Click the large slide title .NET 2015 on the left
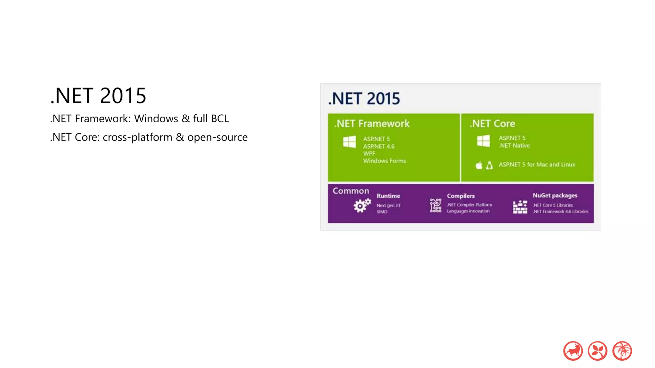click(98, 96)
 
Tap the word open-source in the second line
click(217, 137)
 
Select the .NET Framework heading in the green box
click(372, 124)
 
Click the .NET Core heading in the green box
click(492, 124)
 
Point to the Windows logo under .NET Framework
click(349, 142)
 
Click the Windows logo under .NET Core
click(483, 141)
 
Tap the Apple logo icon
click(479, 165)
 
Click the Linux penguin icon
click(489, 165)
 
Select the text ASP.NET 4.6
click(379, 146)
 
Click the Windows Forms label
click(384, 161)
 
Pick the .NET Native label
click(514, 146)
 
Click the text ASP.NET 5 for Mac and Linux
click(537, 165)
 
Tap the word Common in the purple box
click(351, 191)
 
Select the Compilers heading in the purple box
click(461, 196)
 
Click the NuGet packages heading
click(555, 195)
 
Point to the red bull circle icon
click(573, 351)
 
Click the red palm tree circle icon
click(622, 351)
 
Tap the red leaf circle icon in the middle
click(597, 351)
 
